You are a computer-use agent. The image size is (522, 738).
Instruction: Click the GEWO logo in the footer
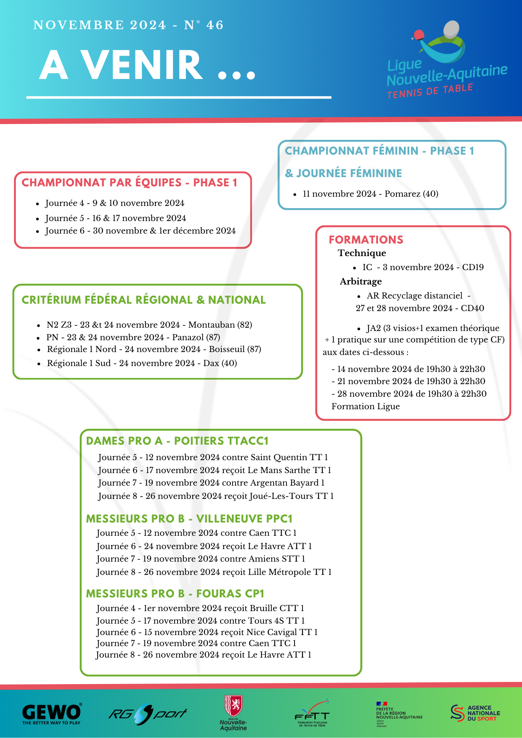[52, 714]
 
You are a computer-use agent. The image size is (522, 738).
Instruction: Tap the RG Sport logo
[147, 714]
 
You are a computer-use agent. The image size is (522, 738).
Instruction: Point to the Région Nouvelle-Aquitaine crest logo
[233, 712]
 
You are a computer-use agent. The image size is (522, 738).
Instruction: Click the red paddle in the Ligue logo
[419, 35]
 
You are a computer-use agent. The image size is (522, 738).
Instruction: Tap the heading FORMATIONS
[366, 240]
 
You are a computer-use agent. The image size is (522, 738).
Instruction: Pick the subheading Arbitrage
[361, 282]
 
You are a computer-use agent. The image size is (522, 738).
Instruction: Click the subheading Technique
[362, 253]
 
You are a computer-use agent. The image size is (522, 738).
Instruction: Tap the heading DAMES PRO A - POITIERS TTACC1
[177, 441]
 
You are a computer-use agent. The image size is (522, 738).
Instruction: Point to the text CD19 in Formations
[473, 268]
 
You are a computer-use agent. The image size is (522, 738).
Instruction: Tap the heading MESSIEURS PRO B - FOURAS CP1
[175, 594]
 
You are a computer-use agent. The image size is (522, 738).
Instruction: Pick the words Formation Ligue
[365, 407]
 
